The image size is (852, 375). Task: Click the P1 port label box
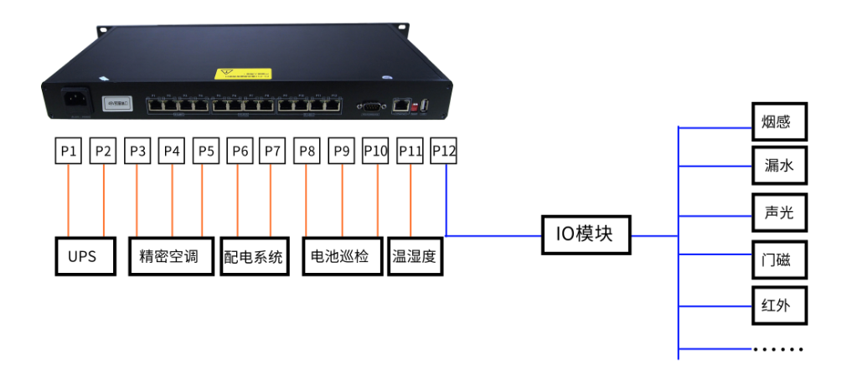(x=69, y=151)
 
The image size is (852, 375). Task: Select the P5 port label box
(x=204, y=151)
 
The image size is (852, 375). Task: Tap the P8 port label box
(x=307, y=151)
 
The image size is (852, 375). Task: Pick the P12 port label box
(x=444, y=151)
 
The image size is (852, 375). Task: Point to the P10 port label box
(x=376, y=151)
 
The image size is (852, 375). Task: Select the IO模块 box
(x=585, y=234)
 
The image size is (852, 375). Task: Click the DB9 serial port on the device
(x=370, y=106)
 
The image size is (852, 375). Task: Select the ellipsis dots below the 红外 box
(x=778, y=348)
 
